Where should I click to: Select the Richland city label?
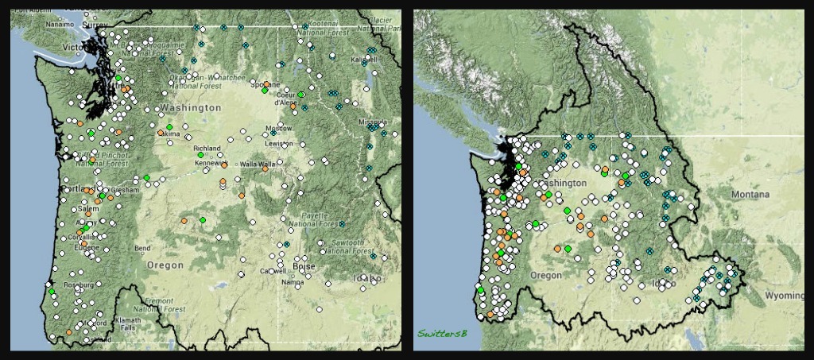[207, 149]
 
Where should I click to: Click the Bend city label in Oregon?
[142, 249]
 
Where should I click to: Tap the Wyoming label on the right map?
[785, 296]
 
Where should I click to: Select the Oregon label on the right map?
[546, 275]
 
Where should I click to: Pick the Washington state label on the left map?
[190, 107]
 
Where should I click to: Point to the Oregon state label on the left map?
[165, 265]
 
